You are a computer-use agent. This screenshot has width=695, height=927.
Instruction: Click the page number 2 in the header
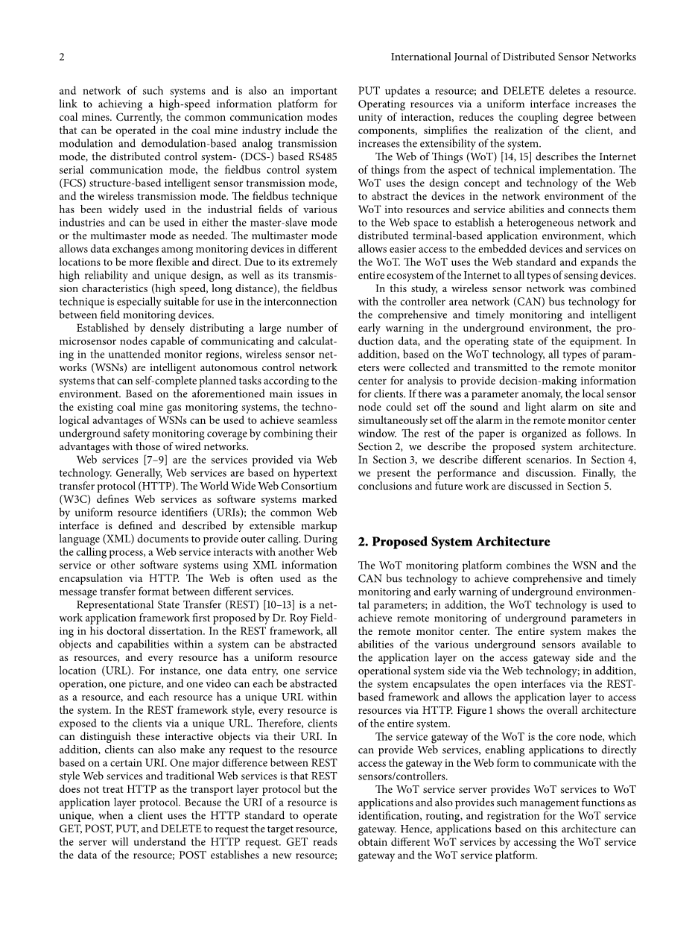pos(62,57)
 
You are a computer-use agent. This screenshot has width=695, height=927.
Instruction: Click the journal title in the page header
pos(513,57)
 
